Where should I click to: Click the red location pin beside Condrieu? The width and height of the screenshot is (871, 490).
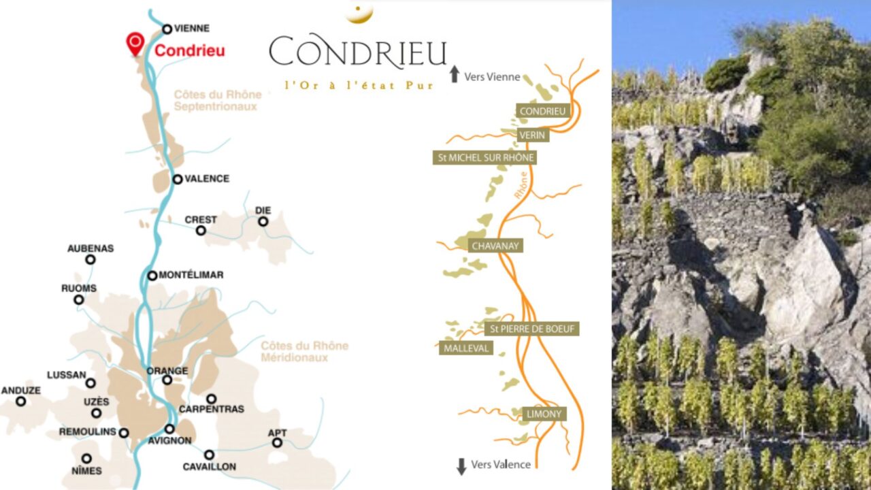coord(135,44)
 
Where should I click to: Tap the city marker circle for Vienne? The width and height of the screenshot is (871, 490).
coord(167,29)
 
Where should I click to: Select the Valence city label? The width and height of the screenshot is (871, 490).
coord(207,179)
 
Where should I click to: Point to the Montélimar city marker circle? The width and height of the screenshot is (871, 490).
coord(152,276)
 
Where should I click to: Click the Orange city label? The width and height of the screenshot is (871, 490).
coord(167,371)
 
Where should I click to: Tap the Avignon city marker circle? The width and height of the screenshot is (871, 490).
coord(169,429)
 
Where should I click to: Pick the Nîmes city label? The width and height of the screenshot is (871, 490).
coord(86,470)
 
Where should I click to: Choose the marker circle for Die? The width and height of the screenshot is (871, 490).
coord(263,221)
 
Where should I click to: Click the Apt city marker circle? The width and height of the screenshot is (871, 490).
coord(277,442)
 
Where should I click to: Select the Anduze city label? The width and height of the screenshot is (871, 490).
coord(21,391)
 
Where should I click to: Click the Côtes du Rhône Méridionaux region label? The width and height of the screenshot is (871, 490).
coord(304,351)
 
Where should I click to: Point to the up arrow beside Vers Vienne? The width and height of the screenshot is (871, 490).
coord(455,74)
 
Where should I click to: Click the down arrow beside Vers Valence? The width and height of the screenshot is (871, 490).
coord(461,466)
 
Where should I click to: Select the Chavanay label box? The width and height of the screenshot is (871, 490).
coord(495,246)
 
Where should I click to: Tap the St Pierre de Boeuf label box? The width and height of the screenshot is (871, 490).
coord(531,329)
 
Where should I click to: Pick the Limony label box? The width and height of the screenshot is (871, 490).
coord(544,414)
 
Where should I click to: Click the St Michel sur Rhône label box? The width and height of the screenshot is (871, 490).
coord(484,158)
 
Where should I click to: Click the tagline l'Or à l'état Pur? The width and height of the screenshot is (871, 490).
coord(359,86)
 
